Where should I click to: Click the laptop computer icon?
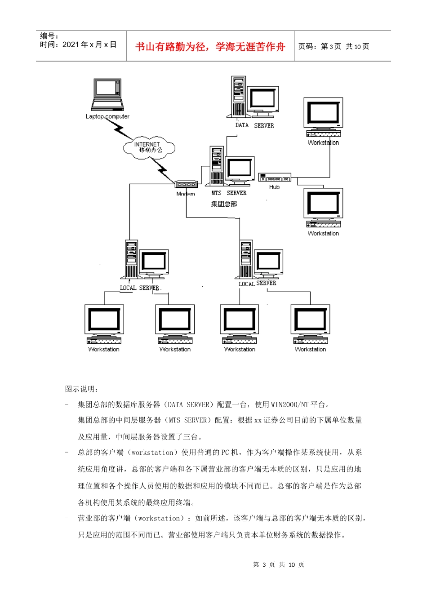107,95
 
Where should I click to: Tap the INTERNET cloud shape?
149,148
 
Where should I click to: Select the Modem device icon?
186,184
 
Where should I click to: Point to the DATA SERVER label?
254,125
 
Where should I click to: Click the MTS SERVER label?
229,193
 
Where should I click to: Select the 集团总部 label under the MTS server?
224,204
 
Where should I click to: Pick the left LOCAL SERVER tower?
131,259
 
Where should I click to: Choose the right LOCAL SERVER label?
257,284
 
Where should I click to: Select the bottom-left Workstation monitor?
104,320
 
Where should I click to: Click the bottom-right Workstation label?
310,349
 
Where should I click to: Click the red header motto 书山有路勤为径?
210,47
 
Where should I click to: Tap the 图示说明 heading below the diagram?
81,389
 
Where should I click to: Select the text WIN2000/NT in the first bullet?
289,404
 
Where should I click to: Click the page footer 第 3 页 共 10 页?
278,564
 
